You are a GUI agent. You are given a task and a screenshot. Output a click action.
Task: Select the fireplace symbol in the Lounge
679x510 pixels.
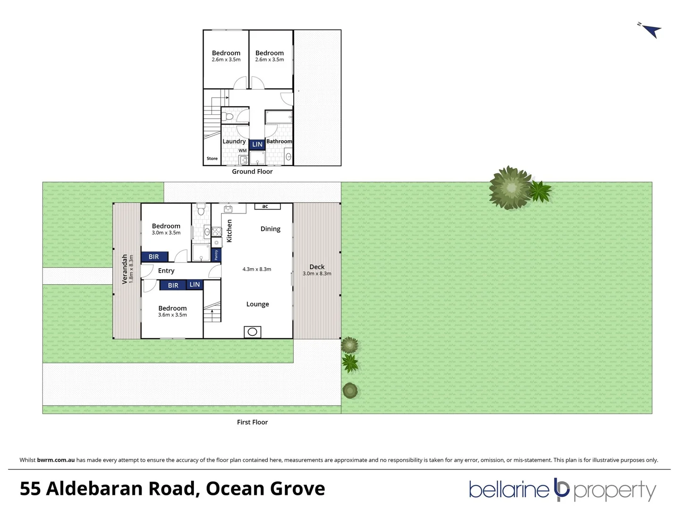coord(252,331)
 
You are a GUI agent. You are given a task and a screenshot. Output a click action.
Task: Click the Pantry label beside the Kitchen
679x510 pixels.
coord(216,255)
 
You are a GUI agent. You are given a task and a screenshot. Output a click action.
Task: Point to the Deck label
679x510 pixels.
coord(317,267)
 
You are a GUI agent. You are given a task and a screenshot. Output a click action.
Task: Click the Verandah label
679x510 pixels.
coord(124,269)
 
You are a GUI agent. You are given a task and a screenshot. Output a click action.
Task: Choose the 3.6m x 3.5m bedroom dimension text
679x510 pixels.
coord(173,315)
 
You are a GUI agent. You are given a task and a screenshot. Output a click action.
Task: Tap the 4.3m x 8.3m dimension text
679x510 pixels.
coord(257,269)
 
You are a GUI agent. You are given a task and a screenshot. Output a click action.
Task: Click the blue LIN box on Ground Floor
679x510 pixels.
coord(257,144)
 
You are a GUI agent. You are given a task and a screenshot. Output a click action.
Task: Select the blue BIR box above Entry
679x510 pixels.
coord(154,257)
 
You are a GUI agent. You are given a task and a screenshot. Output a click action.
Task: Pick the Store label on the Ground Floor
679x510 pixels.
coord(212,159)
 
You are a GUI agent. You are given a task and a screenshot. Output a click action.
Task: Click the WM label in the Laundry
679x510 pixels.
coord(242,151)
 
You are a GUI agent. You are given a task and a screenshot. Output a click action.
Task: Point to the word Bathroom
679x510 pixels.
coord(279,141)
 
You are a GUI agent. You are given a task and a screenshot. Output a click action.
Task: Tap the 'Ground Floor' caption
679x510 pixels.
coord(252,171)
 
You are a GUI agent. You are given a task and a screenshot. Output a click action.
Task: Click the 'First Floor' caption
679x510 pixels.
coord(252,422)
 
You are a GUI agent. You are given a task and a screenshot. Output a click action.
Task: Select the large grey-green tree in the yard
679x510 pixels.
coord(510,187)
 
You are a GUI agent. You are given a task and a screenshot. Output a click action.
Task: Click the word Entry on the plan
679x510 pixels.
coord(166,271)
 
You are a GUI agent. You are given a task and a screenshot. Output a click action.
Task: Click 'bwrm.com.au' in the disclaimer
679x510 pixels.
coord(56,460)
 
